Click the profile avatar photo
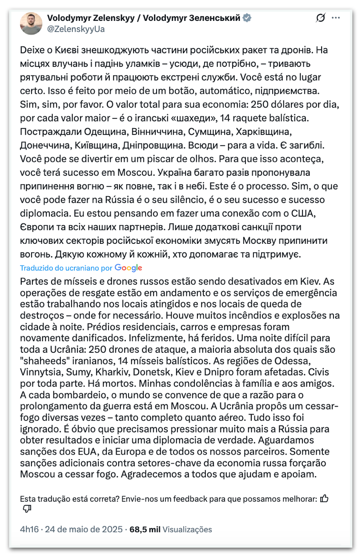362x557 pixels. coord(31,24)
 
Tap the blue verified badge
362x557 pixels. coord(247,18)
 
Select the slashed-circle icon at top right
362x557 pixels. coord(320,18)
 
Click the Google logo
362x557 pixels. coord(128,268)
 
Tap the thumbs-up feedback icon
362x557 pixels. coord(325,499)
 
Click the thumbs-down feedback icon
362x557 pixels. coord(27,509)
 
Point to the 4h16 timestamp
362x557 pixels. coord(30,529)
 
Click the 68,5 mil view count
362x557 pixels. coord(145,529)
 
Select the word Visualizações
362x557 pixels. coord(187,529)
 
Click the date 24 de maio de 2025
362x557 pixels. coord(84,529)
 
